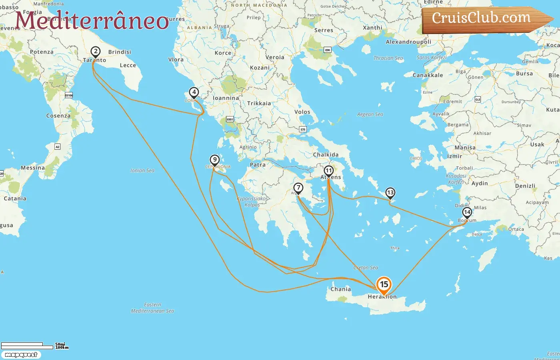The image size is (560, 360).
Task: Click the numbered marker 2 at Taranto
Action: click(95, 52)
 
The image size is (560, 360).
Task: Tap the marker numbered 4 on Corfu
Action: click(194, 92)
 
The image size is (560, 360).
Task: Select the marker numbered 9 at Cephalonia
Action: click(215, 160)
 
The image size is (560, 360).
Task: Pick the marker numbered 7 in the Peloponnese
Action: click(298, 188)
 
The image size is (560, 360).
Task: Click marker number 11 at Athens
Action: click(328, 171)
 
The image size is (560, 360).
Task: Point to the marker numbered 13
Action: click(390, 193)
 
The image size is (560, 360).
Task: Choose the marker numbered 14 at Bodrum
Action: click(467, 212)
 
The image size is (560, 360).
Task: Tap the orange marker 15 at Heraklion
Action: click(384, 285)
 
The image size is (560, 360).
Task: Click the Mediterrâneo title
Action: click(92, 20)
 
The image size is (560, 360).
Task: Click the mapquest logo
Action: click(21, 355)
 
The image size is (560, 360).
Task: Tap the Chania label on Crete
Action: click(340, 289)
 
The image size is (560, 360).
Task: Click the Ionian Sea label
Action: click(142, 170)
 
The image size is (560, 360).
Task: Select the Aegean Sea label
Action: click(370, 114)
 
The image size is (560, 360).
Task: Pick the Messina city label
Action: click(33, 168)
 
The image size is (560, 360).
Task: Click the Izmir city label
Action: click(454, 156)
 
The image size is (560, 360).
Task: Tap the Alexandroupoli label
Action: click(408, 42)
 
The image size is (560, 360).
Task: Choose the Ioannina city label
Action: click(226, 98)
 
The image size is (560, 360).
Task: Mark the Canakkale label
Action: click(428, 75)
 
